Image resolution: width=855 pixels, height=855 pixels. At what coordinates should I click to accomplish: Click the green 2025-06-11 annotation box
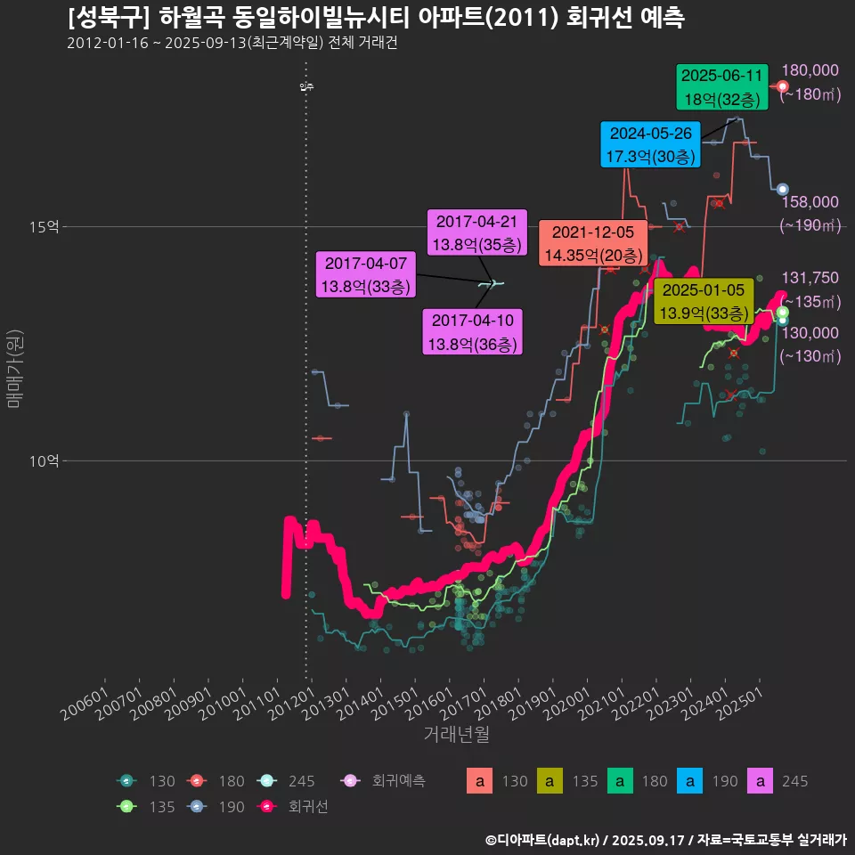(x=721, y=87)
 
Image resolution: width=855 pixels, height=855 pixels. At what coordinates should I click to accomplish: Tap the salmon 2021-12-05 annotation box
(x=593, y=243)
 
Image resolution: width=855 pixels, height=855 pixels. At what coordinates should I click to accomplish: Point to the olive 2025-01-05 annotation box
(x=704, y=301)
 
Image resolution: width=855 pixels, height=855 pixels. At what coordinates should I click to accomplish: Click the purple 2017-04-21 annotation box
(x=478, y=232)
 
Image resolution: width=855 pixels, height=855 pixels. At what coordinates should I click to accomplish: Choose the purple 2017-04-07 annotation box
(x=366, y=274)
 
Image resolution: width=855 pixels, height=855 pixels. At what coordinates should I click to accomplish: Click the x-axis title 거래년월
(x=457, y=734)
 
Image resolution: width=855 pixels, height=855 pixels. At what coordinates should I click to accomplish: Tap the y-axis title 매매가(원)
(x=14, y=370)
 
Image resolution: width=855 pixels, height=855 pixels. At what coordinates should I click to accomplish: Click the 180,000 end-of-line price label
(x=810, y=71)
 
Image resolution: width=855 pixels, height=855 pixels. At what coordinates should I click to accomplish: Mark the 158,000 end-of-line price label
(x=810, y=203)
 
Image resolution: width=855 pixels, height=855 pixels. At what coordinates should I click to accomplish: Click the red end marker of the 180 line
(x=783, y=86)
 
